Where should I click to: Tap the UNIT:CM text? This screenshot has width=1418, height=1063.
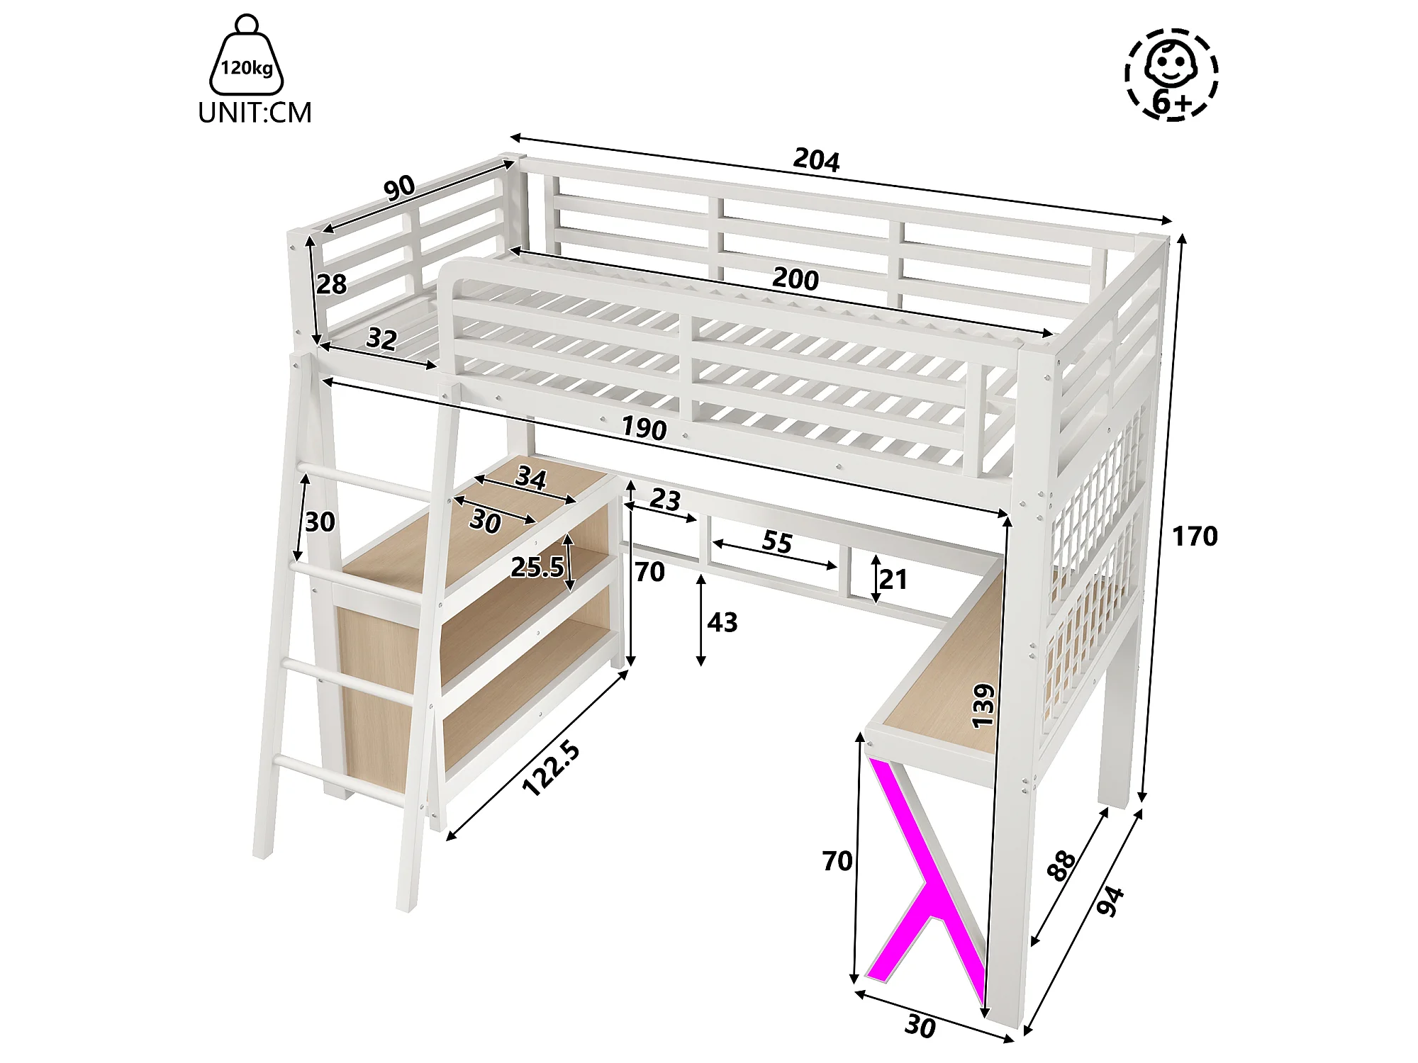click(x=255, y=113)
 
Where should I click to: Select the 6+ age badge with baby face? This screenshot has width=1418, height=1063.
click(x=1171, y=74)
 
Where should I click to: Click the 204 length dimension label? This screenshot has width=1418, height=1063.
click(x=816, y=159)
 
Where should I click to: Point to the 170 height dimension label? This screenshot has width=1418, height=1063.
click(x=1195, y=536)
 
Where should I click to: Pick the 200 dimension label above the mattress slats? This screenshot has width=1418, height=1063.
click(x=795, y=279)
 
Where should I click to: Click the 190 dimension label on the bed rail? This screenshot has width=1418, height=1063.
click(x=644, y=428)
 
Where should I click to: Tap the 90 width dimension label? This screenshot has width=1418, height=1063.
click(x=399, y=186)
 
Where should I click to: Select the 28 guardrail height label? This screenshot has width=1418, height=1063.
click(x=331, y=284)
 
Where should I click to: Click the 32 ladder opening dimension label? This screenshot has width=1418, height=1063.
click(x=381, y=339)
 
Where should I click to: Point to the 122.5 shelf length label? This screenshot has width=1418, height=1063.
click(x=551, y=768)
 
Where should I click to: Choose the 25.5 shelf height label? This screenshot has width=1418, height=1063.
click(x=537, y=567)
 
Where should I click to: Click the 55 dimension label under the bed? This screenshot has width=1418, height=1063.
click(x=777, y=542)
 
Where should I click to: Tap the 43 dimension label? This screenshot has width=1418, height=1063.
click(x=722, y=622)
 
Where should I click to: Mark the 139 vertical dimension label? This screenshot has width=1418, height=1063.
click(x=983, y=706)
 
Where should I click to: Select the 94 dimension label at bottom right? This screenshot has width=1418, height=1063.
click(x=1110, y=901)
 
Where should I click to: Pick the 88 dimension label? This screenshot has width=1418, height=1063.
click(x=1061, y=866)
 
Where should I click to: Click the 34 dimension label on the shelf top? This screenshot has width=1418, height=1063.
click(x=531, y=477)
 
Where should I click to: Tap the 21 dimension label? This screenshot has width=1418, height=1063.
click(x=893, y=580)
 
